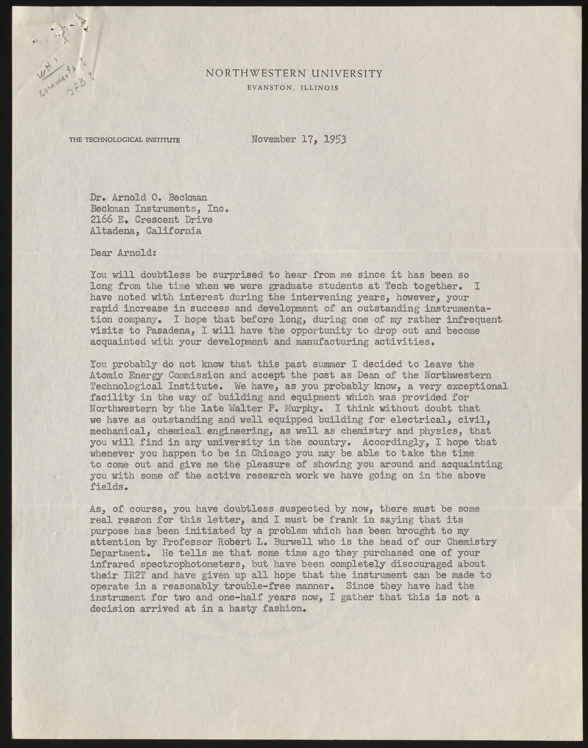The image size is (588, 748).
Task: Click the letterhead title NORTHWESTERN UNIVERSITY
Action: click(294, 73)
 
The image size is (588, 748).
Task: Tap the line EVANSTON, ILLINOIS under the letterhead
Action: click(293, 88)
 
